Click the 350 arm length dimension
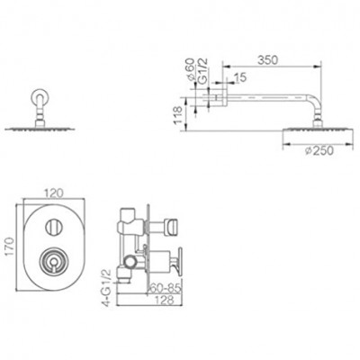tap(268, 60)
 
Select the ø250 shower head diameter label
tap(319, 151)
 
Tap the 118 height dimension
tap(178, 114)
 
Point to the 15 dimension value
tap(240, 77)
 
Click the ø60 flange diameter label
tap(190, 69)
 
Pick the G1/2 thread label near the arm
tap(203, 70)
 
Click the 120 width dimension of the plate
tap(54, 193)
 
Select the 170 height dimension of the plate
tap(11, 247)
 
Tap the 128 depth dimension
tap(165, 300)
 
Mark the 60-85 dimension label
tap(166, 288)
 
